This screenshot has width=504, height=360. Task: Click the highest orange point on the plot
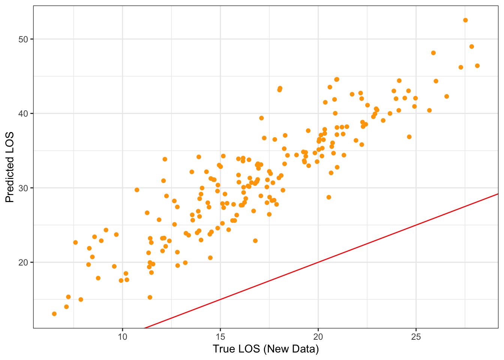[x=465, y=20]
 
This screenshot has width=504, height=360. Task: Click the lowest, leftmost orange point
[x=54, y=314]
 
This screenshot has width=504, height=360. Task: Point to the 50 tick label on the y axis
[x=24, y=39]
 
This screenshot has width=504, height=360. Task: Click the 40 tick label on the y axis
[x=24, y=114]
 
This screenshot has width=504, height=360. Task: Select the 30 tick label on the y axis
[x=24, y=188]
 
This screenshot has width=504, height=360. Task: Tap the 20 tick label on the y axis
[x=24, y=262]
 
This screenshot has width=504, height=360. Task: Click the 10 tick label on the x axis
[x=123, y=337]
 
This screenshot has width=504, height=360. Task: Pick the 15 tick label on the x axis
[x=220, y=337]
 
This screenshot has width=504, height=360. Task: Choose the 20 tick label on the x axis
[x=318, y=337]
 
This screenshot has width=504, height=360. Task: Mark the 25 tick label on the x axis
[x=416, y=337]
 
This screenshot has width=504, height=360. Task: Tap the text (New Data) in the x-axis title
[x=291, y=349]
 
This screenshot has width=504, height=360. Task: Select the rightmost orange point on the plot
[x=477, y=66]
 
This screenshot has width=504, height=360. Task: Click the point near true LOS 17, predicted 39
[x=261, y=118]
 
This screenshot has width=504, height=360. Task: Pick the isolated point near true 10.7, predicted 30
[x=137, y=190]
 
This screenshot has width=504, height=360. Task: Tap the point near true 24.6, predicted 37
[x=409, y=137]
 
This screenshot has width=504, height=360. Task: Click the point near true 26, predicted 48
[x=433, y=53]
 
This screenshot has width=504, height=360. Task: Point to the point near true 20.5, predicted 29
[x=329, y=197]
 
